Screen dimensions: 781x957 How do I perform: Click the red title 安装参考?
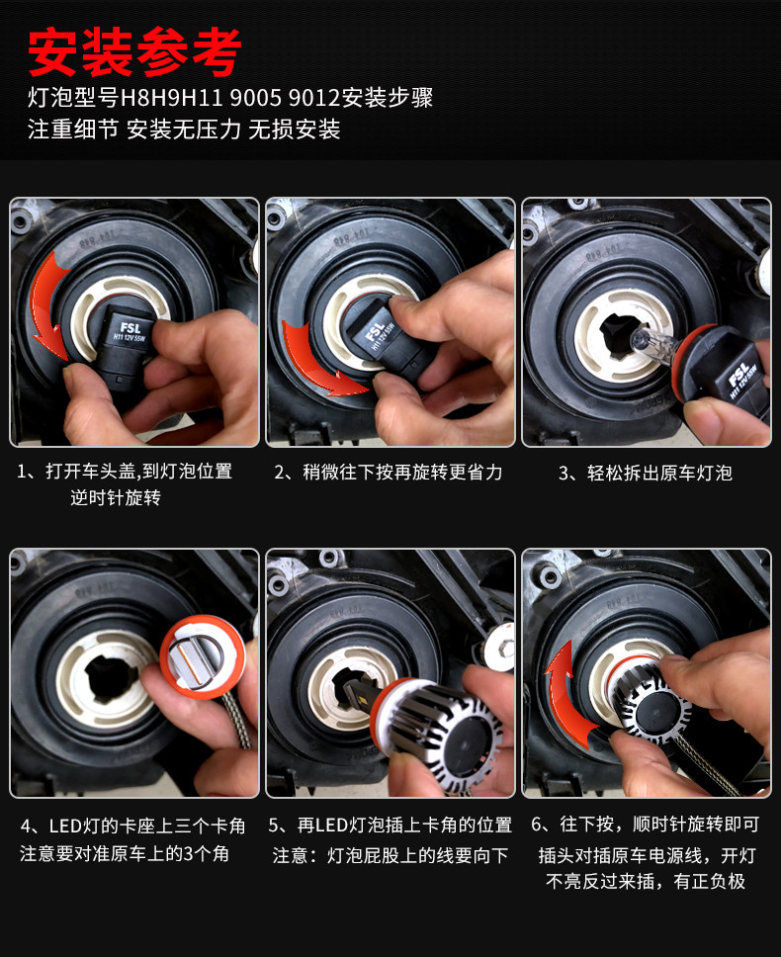134,52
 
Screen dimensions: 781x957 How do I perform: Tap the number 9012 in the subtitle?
313,98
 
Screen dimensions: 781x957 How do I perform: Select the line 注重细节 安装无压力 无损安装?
184,130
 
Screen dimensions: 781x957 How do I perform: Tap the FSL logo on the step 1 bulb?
130,328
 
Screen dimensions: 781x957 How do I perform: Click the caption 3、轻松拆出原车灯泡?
645,473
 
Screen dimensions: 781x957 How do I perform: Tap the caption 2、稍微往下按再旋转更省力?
389,473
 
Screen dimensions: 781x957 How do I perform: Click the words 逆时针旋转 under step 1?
116,498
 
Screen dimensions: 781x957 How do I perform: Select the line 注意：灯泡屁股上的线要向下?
390,856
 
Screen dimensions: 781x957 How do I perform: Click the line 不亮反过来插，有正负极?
646,881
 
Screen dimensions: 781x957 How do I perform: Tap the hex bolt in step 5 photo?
500,647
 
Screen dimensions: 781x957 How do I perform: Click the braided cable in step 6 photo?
708,763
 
